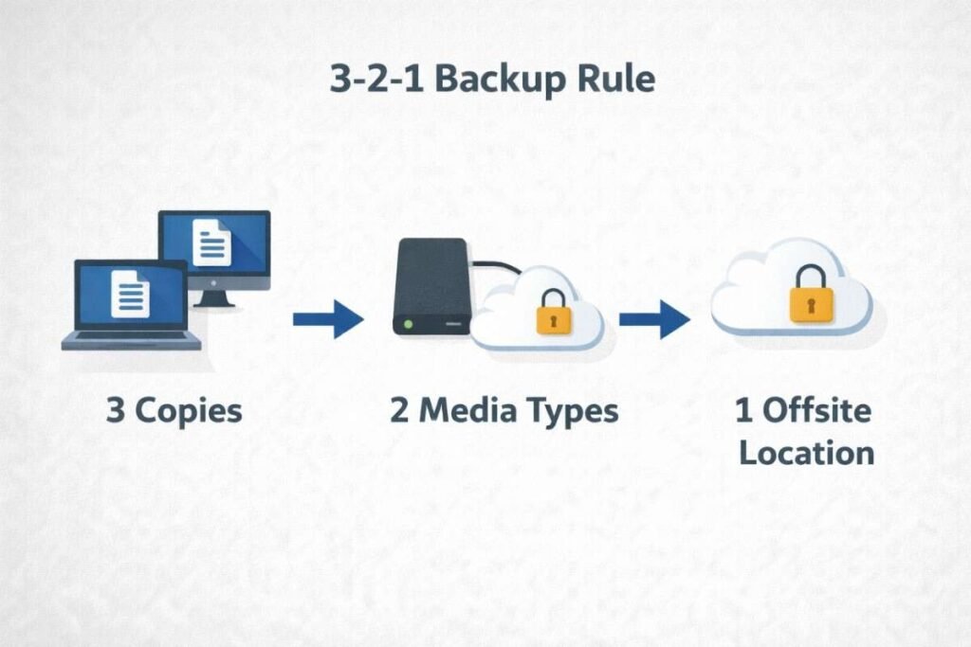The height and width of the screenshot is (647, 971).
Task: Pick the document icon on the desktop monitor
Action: click(211, 243)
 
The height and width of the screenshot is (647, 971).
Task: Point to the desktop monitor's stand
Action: click(215, 297)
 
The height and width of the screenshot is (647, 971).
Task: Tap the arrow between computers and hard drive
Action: click(328, 319)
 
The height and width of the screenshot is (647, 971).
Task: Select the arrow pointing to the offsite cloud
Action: click(654, 319)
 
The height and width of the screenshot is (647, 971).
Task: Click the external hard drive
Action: click(429, 286)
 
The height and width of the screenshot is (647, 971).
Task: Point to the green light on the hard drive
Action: click(409, 325)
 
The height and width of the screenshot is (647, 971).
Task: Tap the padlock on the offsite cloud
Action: click(812, 296)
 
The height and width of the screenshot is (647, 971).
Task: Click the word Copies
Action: click(188, 411)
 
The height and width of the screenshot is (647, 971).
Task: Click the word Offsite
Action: click(816, 411)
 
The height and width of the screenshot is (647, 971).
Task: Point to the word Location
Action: click(806, 452)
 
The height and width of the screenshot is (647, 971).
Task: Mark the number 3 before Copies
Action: click(115, 411)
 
